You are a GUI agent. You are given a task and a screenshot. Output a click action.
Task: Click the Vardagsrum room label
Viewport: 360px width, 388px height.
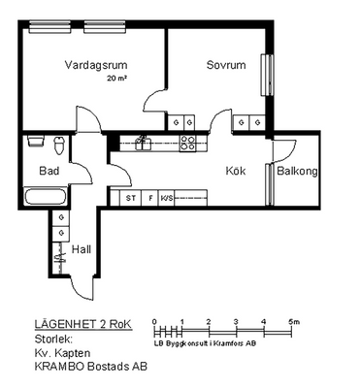[96, 65]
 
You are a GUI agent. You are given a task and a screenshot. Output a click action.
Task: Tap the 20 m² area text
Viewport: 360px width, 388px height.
[116, 79]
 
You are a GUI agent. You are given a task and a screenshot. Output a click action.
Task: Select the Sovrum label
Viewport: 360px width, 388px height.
[226, 65]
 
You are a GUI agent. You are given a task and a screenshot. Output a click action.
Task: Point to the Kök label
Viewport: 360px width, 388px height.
[236, 171]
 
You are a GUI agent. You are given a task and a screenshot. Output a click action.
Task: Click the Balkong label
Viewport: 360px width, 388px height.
[297, 171]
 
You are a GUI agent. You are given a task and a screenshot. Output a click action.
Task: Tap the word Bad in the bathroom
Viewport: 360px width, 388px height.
[49, 171]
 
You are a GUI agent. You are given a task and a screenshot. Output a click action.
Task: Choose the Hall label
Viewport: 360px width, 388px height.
[82, 249]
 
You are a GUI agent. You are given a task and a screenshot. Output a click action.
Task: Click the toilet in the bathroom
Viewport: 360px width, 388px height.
[59, 145]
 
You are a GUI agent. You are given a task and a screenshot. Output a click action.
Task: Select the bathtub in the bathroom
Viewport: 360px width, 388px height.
[46, 197]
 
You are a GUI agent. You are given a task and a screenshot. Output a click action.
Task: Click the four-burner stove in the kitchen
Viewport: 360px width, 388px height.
[188, 144]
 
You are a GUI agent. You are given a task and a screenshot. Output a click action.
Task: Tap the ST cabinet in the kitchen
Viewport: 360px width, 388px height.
[131, 198]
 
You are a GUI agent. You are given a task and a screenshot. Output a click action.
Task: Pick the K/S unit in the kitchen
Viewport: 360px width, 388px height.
[167, 198]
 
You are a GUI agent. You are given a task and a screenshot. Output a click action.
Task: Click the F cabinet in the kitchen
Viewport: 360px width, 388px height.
[150, 198]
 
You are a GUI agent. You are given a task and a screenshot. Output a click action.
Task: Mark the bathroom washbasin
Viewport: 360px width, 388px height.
[36, 142]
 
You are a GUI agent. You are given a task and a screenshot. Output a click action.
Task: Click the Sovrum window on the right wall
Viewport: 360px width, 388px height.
[267, 75]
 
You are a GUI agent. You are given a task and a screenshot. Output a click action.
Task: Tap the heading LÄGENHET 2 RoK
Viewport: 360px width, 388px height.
[83, 324]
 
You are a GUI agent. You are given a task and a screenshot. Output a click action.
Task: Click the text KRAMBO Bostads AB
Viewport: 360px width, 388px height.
[90, 367]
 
